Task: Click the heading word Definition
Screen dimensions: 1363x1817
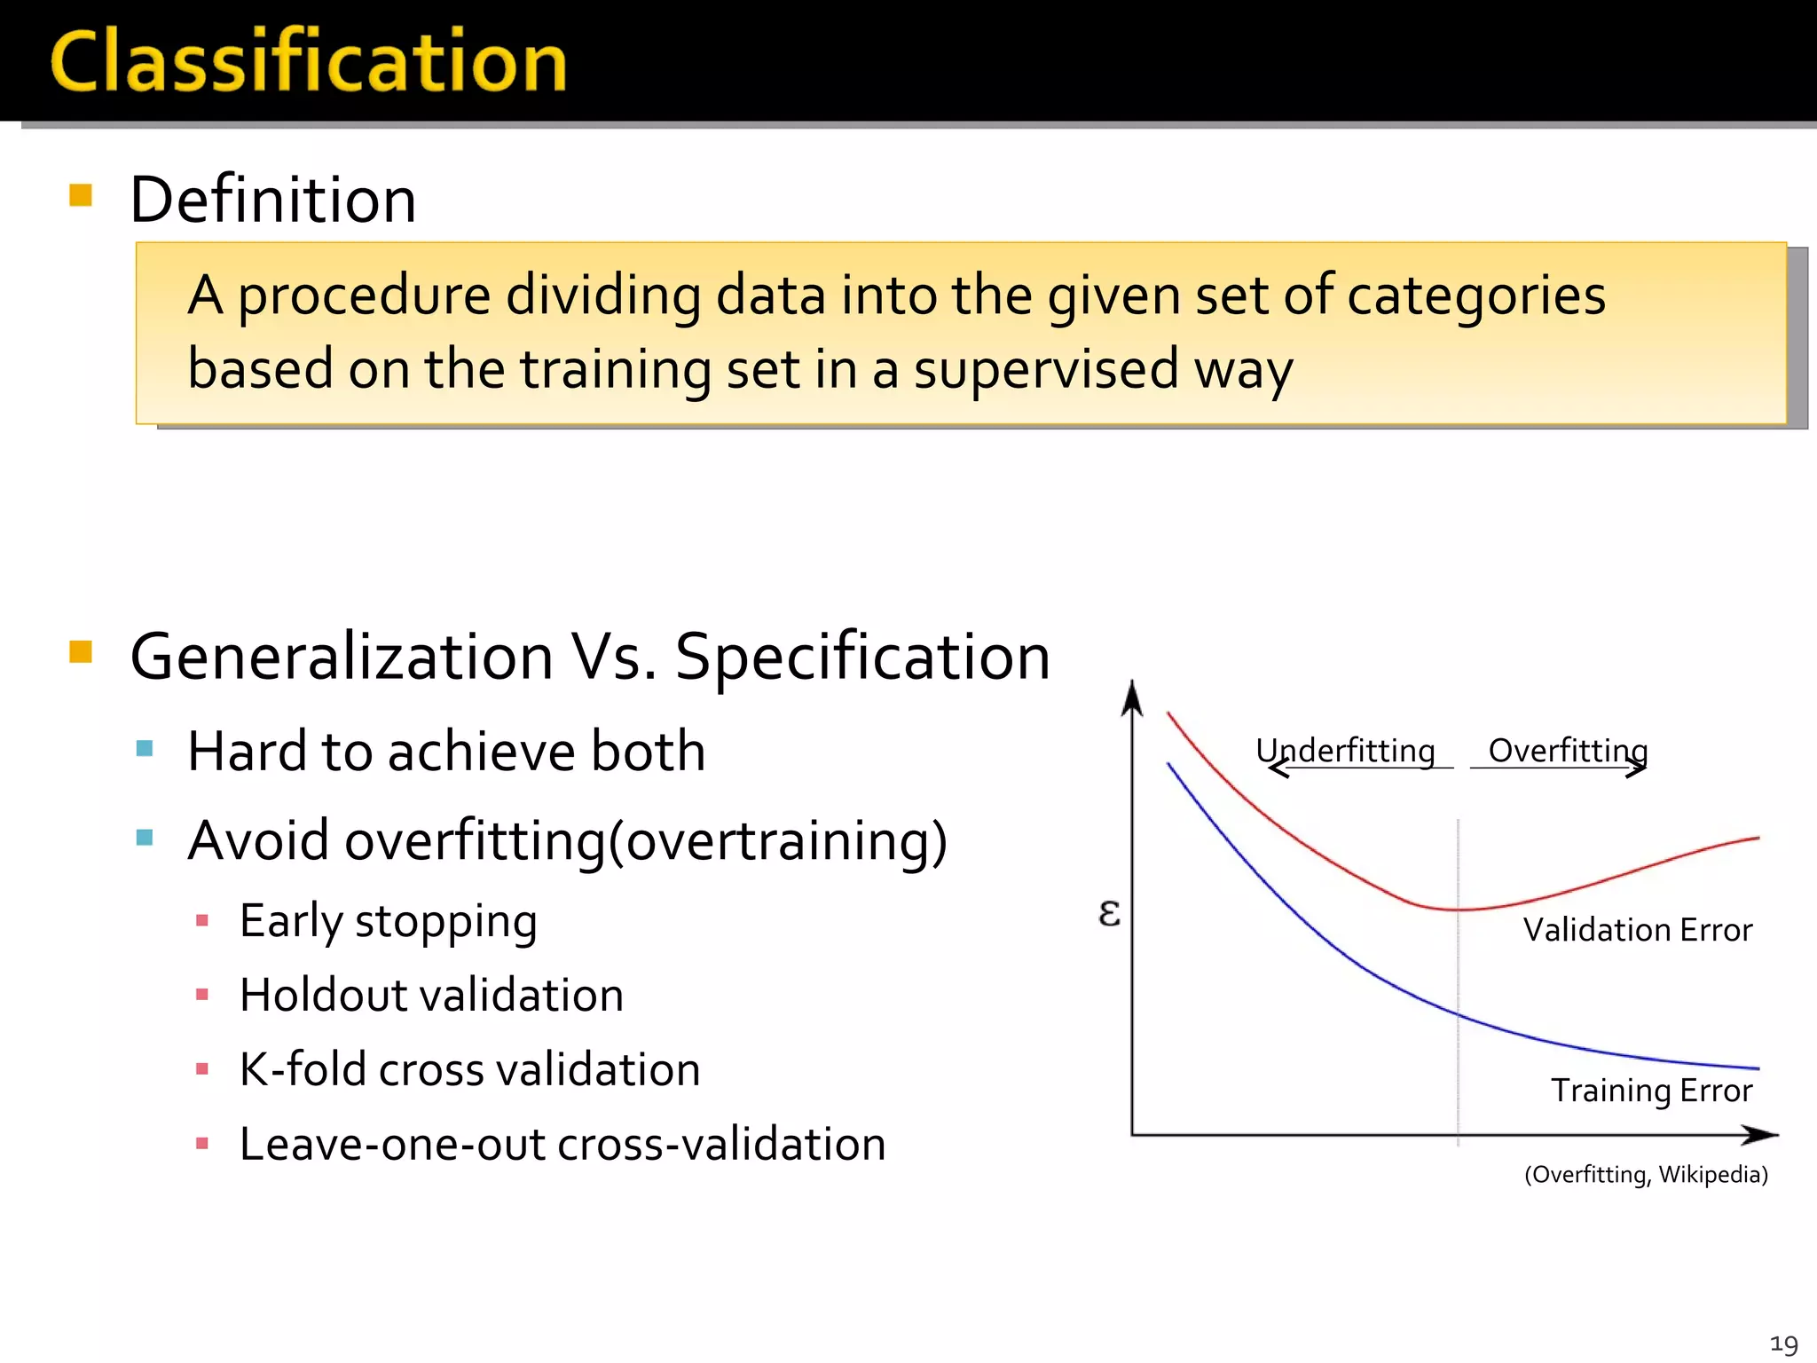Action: pos(272,200)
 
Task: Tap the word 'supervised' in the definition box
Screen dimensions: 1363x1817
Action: pos(1046,369)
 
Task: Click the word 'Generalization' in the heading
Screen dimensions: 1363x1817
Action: pos(342,657)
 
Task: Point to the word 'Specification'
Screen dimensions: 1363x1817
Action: pos(862,657)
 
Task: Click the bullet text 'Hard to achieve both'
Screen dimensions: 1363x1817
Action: pos(446,752)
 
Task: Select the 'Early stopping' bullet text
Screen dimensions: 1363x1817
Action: pos(388,921)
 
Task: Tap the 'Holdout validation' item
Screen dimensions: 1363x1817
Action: pos(431,995)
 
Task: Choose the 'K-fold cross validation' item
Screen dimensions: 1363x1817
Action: pos(469,1069)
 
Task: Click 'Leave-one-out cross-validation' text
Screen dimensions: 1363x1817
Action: pos(562,1144)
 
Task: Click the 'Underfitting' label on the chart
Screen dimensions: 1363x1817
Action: pos(1345,751)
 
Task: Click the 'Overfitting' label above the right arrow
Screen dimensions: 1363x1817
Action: pos(1568,751)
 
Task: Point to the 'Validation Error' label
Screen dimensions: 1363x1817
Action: pos(1637,930)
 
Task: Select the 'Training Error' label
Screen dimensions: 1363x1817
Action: pos(1651,1091)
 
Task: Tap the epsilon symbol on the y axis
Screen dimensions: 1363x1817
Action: pos(1109,913)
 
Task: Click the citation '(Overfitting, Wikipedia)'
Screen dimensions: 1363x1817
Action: pos(1646,1175)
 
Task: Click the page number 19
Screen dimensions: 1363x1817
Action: pos(1783,1344)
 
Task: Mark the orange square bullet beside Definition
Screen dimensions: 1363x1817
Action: pos(81,195)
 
